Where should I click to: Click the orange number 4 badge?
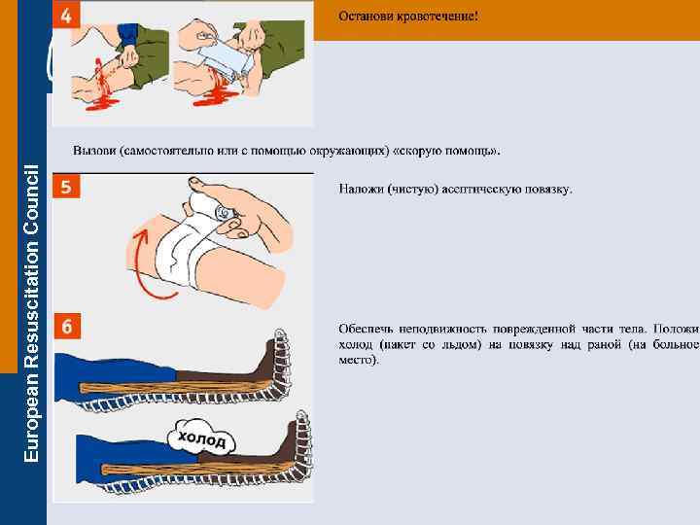pyautogui.click(x=66, y=16)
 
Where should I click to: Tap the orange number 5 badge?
pyautogui.click(x=66, y=186)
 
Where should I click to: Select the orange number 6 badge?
pyautogui.click(x=67, y=326)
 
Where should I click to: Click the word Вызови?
pyautogui.click(x=94, y=151)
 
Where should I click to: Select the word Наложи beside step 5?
pyautogui.click(x=361, y=189)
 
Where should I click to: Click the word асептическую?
pyautogui.click(x=481, y=190)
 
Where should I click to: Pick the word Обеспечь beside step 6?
pyautogui.click(x=366, y=329)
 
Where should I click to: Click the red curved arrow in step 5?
pyautogui.click(x=143, y=264)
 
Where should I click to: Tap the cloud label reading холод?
pyautogui.click(x=201, y=437)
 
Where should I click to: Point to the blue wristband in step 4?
pyautogui.click(x=128, y=35)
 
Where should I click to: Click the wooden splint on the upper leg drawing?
pyautogui.click(x=179, y=387)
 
